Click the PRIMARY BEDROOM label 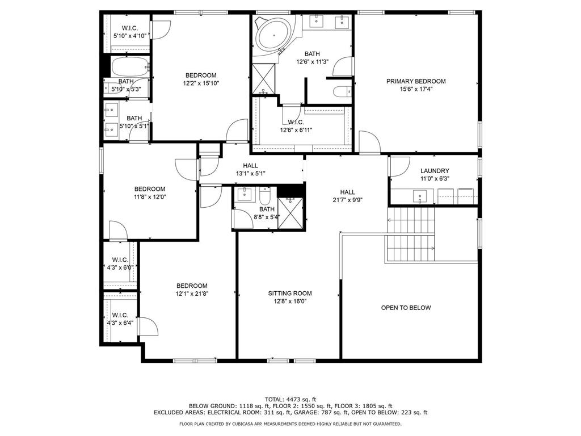[x=416, y=81]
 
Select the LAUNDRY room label [x=435, y=171]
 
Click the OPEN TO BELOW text [x=406, y=308]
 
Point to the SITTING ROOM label [x=290, y=294]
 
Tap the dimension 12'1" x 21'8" [x=192, y=294]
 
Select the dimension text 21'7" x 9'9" [x=347, y=200]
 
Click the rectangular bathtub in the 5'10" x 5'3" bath [x=130, y=67]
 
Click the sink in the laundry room [x=419, y=196]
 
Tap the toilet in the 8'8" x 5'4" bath [x=264, y=196]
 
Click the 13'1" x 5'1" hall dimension [x=250, y=174]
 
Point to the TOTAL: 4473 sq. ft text [x=290, y=399]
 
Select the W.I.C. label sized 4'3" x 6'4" [x=120, y=315]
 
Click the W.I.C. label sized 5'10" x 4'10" [x=130, y=28]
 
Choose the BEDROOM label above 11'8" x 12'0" [x=150, y=189]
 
